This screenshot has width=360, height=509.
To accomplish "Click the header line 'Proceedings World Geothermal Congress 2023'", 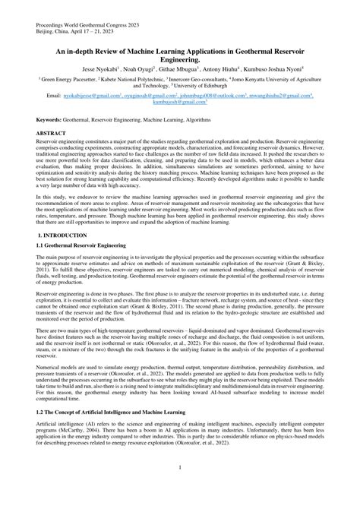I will (90, 24).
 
